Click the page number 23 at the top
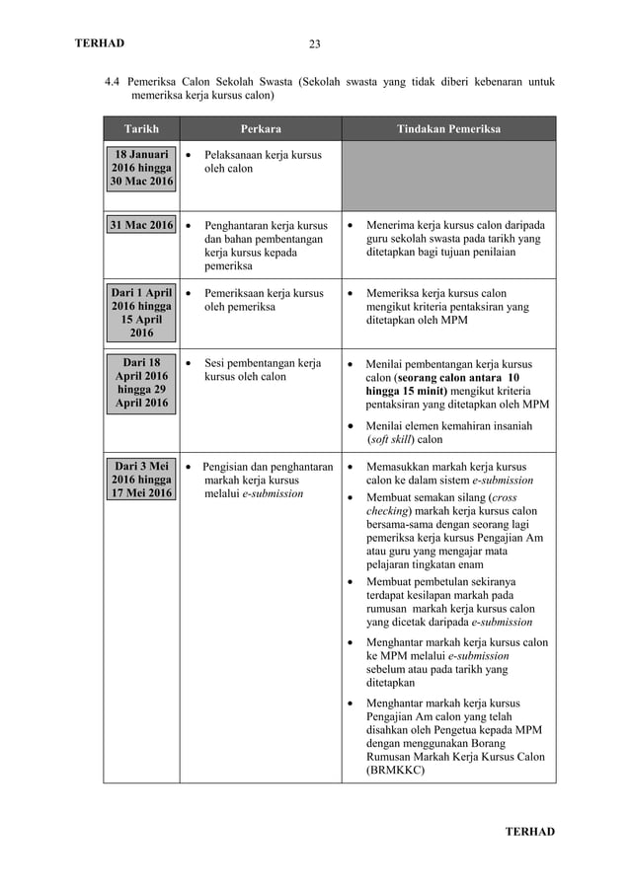[x=315, y=43]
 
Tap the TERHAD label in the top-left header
[x=100, y=42]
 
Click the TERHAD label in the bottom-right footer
[x=530, y=832]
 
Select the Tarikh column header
[x=141, y=129]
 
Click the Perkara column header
[x=261, y=129]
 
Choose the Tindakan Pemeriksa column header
[x=448, y=129]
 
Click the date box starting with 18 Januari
[x=141, y=168]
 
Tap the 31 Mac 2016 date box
[x=141, y=225]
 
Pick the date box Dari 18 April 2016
[x=141, y=383]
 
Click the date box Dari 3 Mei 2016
[x=141, y=479]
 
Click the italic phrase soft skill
[x=392, y=439]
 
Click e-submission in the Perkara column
[x=273, y=492]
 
